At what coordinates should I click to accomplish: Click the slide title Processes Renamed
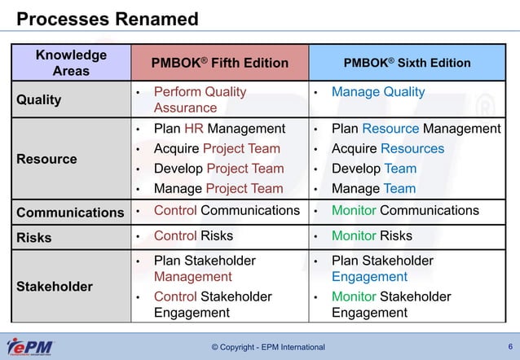pyautogui.click(x=108, y=18)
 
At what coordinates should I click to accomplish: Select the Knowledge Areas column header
pyautogui.click(x=71, y=63)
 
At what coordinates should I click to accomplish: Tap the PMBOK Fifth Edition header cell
pyautogui.click(x=220, y=63)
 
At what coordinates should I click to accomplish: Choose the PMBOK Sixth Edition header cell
pyautogui.click(x=407, y=63)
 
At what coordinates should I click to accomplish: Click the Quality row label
pyautogui.click(x=38, y=100)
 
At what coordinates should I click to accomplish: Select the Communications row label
pyautogui.click(x=71, y=213)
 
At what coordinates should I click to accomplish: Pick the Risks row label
pyautogui.click(x=33, y=238)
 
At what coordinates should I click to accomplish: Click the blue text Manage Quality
pyautogui.click(x=377, y=92)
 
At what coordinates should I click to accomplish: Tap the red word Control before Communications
pyautogui.click(x=175, y=211)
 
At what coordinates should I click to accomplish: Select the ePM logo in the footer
pyautogui.click(x=30, y=347)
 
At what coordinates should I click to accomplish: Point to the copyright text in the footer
pyautogui.click(x=267, y=348)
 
